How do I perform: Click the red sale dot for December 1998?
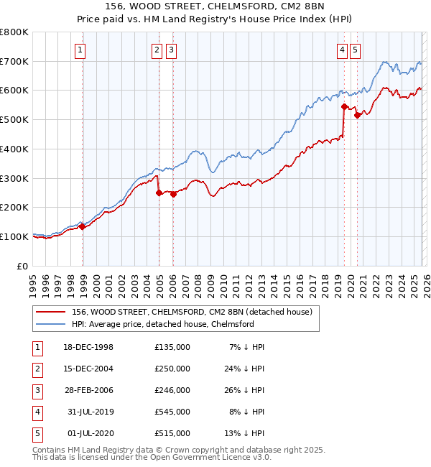(x=82, y=226)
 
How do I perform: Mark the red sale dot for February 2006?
(x=173, y=193)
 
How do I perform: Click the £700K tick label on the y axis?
(x=14, y=61)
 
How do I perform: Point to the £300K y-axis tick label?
(x=14, y=178)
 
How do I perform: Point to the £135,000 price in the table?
(x=172, y=347)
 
